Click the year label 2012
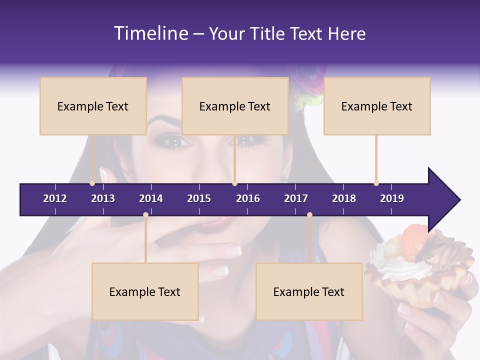point(55,198)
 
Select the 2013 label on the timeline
point(103,198)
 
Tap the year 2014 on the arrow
point(151,198)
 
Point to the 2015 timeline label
point(199,198)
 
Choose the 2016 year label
point(248,198)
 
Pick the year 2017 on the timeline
point(296,198)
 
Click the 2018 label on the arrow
point(344,198)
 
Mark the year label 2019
point(392,198)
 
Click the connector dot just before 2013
point(92,183)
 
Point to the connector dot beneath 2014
point(145,215)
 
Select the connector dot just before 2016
point(234,183)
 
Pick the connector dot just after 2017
point(309,215)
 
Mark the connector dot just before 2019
point(376,183)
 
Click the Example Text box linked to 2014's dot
point(145,291)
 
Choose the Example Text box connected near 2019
point(377,106)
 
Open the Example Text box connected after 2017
point(309,291)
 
